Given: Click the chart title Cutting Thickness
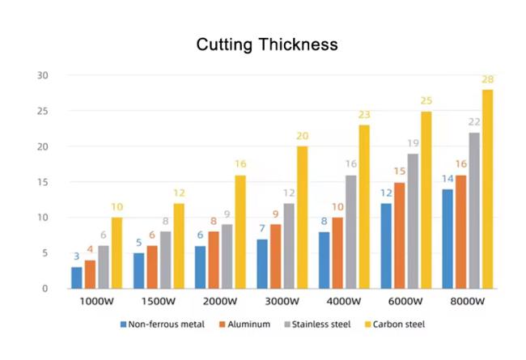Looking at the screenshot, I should pos(267,44).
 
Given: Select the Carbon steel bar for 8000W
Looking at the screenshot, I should pos(487,189).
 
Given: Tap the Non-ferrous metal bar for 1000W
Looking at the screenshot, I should pos(76,277).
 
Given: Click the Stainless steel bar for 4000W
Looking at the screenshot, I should pos(350,232).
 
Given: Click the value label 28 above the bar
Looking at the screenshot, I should pos(487,79).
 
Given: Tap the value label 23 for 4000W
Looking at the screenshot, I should pos(364,115).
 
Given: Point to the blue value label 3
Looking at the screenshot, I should pos(76,256).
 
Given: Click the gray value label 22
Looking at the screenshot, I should pos(473,122).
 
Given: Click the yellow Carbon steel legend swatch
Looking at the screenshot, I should pos(367,324).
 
